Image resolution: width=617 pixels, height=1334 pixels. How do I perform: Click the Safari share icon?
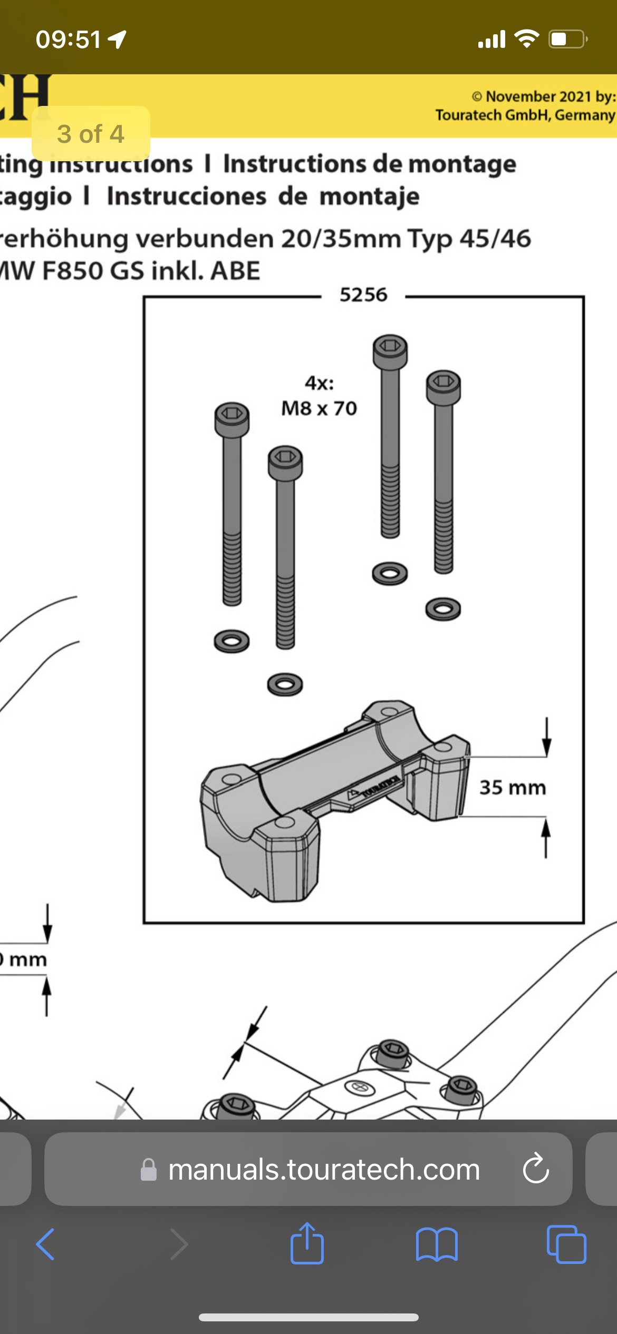[307, 1244]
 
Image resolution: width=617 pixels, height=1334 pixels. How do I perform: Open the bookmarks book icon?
[437, 1244]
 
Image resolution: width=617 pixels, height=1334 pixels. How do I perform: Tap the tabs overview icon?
[566, 1244]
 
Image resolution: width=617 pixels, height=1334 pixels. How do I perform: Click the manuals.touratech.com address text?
[324, 1170]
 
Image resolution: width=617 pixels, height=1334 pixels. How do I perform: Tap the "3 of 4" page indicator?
[91, 134]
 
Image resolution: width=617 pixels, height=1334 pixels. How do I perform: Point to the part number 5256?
[363, 295]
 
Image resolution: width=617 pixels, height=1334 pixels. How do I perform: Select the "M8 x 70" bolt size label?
[319, 408]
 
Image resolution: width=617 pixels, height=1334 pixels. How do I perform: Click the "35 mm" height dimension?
[513, 787]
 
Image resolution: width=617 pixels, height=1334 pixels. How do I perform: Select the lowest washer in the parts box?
[285, 684]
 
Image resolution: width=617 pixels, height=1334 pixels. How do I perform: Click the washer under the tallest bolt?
[390, 573]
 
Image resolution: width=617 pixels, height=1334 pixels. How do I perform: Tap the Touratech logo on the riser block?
[374, 788]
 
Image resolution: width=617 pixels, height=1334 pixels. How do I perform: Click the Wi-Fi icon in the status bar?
[526, 38]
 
